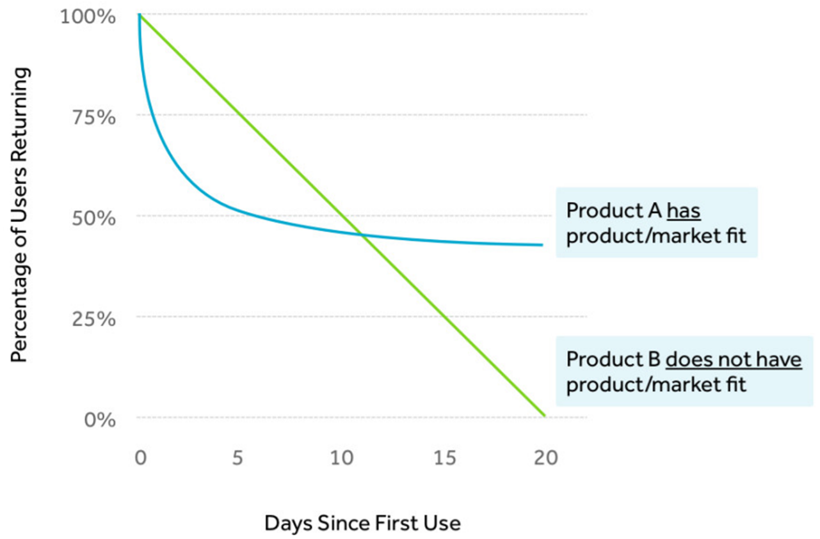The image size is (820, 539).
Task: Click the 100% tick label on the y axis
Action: [x=88, y=17]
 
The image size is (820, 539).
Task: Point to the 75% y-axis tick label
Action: [x=93, y=118]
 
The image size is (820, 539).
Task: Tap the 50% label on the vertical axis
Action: [x=93, y=219]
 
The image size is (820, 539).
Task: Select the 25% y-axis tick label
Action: [x=93, y=320]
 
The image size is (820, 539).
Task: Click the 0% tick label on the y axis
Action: [x=100, y=420]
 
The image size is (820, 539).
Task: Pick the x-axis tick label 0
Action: [x=141, y=458]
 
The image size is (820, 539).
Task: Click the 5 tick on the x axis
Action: [x=237, y=458]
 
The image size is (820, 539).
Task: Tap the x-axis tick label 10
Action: [x=342, y=458]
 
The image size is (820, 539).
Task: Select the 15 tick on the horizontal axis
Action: [x=445, y=458]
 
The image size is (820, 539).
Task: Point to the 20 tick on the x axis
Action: [x=546, y=458]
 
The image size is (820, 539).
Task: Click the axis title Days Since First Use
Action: [x=362, y=523]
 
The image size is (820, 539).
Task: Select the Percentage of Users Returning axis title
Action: [x=19, y=215]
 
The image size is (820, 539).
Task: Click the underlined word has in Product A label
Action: [x=684, y=211]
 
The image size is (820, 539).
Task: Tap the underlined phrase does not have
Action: [x=734, y=360]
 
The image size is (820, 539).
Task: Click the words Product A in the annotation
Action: [x=614, y=211]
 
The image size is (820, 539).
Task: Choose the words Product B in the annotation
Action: [x=613, y=360]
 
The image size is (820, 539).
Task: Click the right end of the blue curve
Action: [x=542, y=245]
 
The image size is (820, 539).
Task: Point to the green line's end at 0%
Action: [x=545, y=416]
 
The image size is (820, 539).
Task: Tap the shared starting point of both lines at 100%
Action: [x=140, y=14]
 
